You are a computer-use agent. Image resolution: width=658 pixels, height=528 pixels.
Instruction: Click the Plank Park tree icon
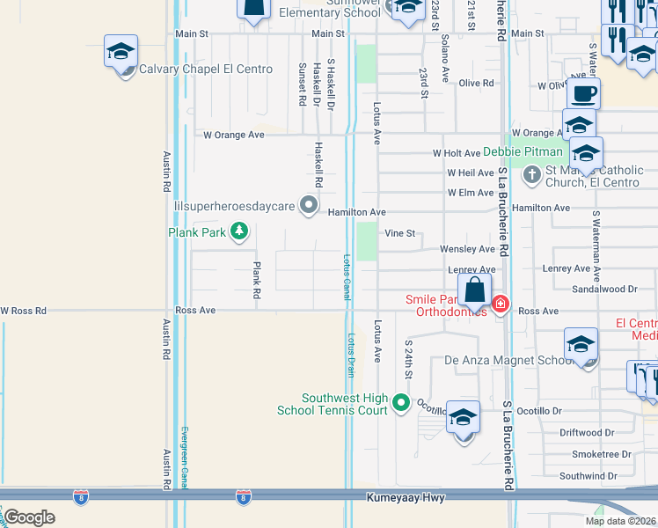(238, 232)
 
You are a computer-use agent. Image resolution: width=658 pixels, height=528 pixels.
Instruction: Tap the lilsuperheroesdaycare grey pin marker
(309, 205)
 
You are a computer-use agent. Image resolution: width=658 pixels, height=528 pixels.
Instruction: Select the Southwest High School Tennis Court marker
(402, 404)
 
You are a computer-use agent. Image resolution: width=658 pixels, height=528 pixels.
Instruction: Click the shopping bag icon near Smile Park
(474, 290)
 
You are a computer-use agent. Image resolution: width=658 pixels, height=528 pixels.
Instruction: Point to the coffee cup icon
(581, 92)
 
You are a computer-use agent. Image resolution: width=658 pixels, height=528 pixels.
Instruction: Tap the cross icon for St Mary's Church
(531, 176)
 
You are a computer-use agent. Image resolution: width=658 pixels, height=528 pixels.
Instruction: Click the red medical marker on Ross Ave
(501, 304)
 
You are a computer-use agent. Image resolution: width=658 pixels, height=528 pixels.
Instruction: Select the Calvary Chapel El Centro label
(206, 69)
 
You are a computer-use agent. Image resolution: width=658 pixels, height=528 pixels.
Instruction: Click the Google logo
(28, 517)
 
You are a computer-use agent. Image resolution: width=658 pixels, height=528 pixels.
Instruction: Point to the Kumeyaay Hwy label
(406, 498)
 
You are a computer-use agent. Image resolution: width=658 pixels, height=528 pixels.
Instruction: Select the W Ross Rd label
(23, 311)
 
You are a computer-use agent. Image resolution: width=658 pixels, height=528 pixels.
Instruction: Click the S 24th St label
(408, 360)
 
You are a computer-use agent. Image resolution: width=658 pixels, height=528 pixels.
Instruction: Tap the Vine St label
(399, 234)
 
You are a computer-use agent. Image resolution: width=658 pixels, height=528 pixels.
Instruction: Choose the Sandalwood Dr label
(603, 289)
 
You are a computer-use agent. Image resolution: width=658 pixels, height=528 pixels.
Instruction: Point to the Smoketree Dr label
(601, 454)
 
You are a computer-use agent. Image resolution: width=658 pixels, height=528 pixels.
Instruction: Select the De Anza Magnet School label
(508, 360)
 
